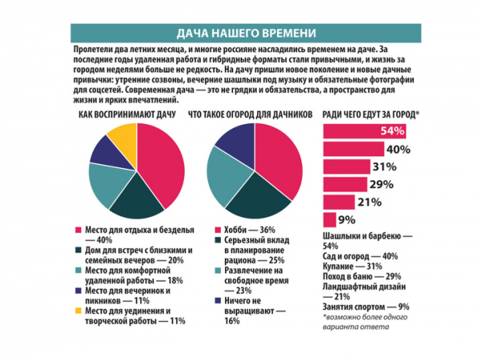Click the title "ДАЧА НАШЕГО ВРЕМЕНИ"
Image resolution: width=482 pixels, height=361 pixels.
pyautogui.click(x=246, y=33)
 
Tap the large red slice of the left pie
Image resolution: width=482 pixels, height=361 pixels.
pyautogui.click(x=163, y=163)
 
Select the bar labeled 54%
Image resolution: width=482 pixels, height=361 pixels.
pyautogui.click(x=365, y=131)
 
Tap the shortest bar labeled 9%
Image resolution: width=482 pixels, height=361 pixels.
pyautogui.click(x=329, y=220)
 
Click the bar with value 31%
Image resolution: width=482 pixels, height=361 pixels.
pyautogui.click(x=347, y=166)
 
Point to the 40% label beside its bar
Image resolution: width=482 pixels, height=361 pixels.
pyautogui.click(x=398, y=150)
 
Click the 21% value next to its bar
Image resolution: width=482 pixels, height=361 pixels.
pyautogui.click(x=370, y=203)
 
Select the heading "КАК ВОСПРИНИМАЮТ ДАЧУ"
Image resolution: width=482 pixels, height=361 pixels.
pyautogui.click(x=127, y=115)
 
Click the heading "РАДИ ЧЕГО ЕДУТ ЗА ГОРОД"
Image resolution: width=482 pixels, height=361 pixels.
pyautogui.click(x=370, y=115)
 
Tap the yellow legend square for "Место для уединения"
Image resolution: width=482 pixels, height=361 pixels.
pyautogui.click(x=79, y=311)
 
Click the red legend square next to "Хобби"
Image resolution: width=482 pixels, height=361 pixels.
pyautogui.click(x=218, y=230)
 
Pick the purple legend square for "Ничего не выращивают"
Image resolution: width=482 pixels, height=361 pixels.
pyautogui.click(x=218, y=301)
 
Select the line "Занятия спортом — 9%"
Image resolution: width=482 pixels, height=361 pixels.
pyautogui.click(x=366, y=307)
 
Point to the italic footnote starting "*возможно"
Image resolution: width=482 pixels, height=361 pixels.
pyautogui.click(x=365, y=322)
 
